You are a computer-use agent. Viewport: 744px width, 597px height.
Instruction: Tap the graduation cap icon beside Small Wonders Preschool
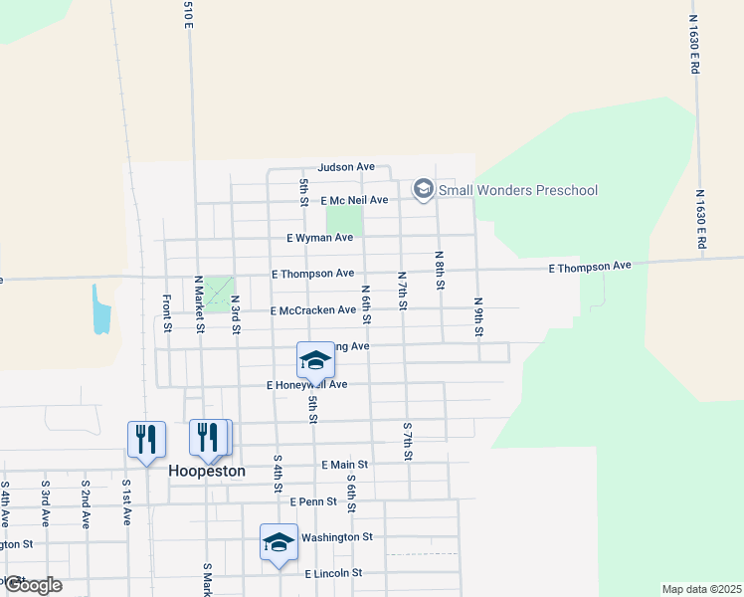tap(424, 188)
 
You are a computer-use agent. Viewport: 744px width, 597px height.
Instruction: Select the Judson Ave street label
tap(346, 167)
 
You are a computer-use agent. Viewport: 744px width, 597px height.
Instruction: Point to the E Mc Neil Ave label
tap(353, 200)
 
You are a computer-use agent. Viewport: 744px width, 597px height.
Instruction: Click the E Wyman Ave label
tap(319, 238)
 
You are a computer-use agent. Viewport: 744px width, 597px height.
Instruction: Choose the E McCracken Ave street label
tap(312, 310)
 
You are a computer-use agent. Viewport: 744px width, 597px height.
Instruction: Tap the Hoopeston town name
tap(207, 471)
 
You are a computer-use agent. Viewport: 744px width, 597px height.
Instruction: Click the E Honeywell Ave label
tap(307, 384)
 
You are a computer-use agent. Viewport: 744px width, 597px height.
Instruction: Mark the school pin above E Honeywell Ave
tap(315, 361)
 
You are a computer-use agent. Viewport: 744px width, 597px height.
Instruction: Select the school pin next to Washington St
tap(279, 542)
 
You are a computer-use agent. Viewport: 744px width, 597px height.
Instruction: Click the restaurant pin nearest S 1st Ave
tap(146, 439)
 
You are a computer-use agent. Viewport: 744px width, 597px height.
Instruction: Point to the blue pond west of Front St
tap(100, 309)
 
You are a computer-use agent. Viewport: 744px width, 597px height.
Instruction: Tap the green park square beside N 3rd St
tap(218, 296)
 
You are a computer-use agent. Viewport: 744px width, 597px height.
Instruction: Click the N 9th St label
tap(478, 315)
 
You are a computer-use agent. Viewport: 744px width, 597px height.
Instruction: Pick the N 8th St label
tap(439, 270)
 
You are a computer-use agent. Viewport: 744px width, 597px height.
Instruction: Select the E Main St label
tap(345, 465)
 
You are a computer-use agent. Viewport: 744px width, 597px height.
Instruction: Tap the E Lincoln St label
tap(333, 574)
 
